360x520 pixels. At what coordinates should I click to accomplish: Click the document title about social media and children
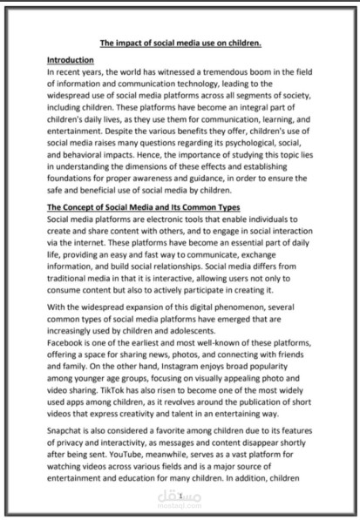(180, 42)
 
